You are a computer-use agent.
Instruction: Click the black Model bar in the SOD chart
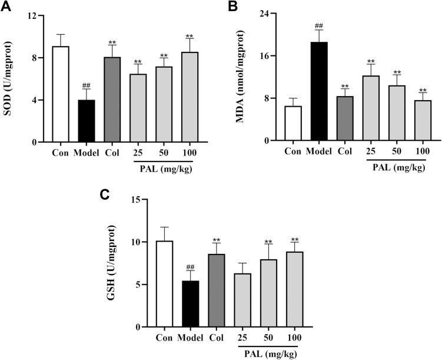click(x=87, y=121)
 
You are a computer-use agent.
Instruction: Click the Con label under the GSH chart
click(x=165, y=338)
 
